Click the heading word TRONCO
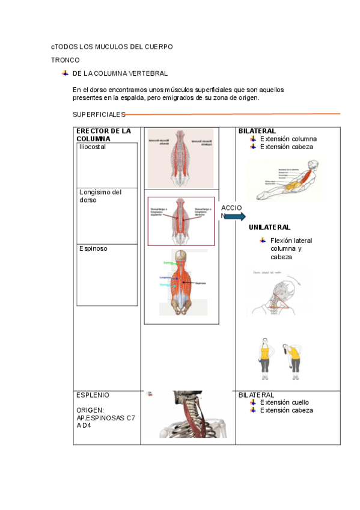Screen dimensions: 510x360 (65, 60)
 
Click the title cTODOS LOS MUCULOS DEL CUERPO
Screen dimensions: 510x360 (112, 46)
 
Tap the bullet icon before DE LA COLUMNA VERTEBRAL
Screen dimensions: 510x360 (65, 73)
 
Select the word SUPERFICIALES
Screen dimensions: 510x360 (99, 114)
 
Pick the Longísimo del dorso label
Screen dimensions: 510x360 (100, 196)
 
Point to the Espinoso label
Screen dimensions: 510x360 (93, 248)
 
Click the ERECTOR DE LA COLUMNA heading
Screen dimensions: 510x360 (103, 135)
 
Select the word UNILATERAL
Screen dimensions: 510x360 (269, 227)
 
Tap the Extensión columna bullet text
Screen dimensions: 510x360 (288, 139)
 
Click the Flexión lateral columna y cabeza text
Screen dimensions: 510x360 (291, 248)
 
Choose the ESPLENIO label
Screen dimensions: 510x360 (93, 395)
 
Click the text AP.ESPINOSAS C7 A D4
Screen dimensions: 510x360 (105, 421)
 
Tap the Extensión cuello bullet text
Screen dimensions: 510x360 (285, 402)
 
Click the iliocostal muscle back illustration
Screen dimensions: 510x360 (180, 158)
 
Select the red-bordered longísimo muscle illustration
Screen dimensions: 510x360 (181, 221)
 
